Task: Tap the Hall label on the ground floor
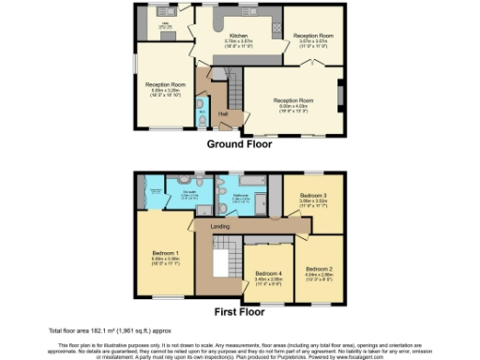(223, 114)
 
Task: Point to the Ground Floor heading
(239, 144)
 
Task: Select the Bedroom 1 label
(166, 252)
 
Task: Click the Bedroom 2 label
(319, 268)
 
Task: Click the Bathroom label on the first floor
(240, 194)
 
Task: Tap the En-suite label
(188, 191)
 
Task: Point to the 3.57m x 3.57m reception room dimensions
(313, 41)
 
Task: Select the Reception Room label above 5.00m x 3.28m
(165, 84)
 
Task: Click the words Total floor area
(71, 331)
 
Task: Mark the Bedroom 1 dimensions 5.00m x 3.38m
(166, 258)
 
